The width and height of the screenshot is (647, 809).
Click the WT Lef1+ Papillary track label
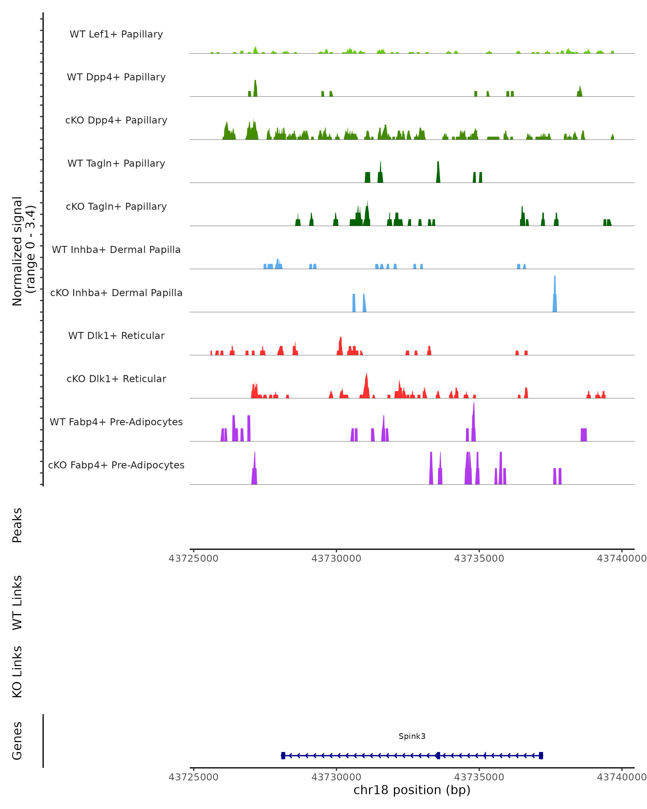(116, 34)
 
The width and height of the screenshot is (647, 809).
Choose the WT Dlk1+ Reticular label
(116, 335)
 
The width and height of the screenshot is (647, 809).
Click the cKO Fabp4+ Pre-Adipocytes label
(116, 465)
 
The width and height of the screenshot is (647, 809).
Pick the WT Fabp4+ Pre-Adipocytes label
(116, 422)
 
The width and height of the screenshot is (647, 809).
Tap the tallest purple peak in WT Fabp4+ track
(474, 422)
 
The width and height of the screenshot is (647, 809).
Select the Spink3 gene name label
(412, 736)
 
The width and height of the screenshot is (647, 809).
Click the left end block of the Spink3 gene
(283, 755)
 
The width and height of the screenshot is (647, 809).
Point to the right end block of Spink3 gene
(541, 755)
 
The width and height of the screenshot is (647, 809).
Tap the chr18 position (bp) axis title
(412, 790)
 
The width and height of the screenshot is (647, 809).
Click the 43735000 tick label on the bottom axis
(479, 777)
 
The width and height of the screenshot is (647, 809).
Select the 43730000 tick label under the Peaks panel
(336, 558)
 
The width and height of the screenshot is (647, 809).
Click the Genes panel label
(17, 741)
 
